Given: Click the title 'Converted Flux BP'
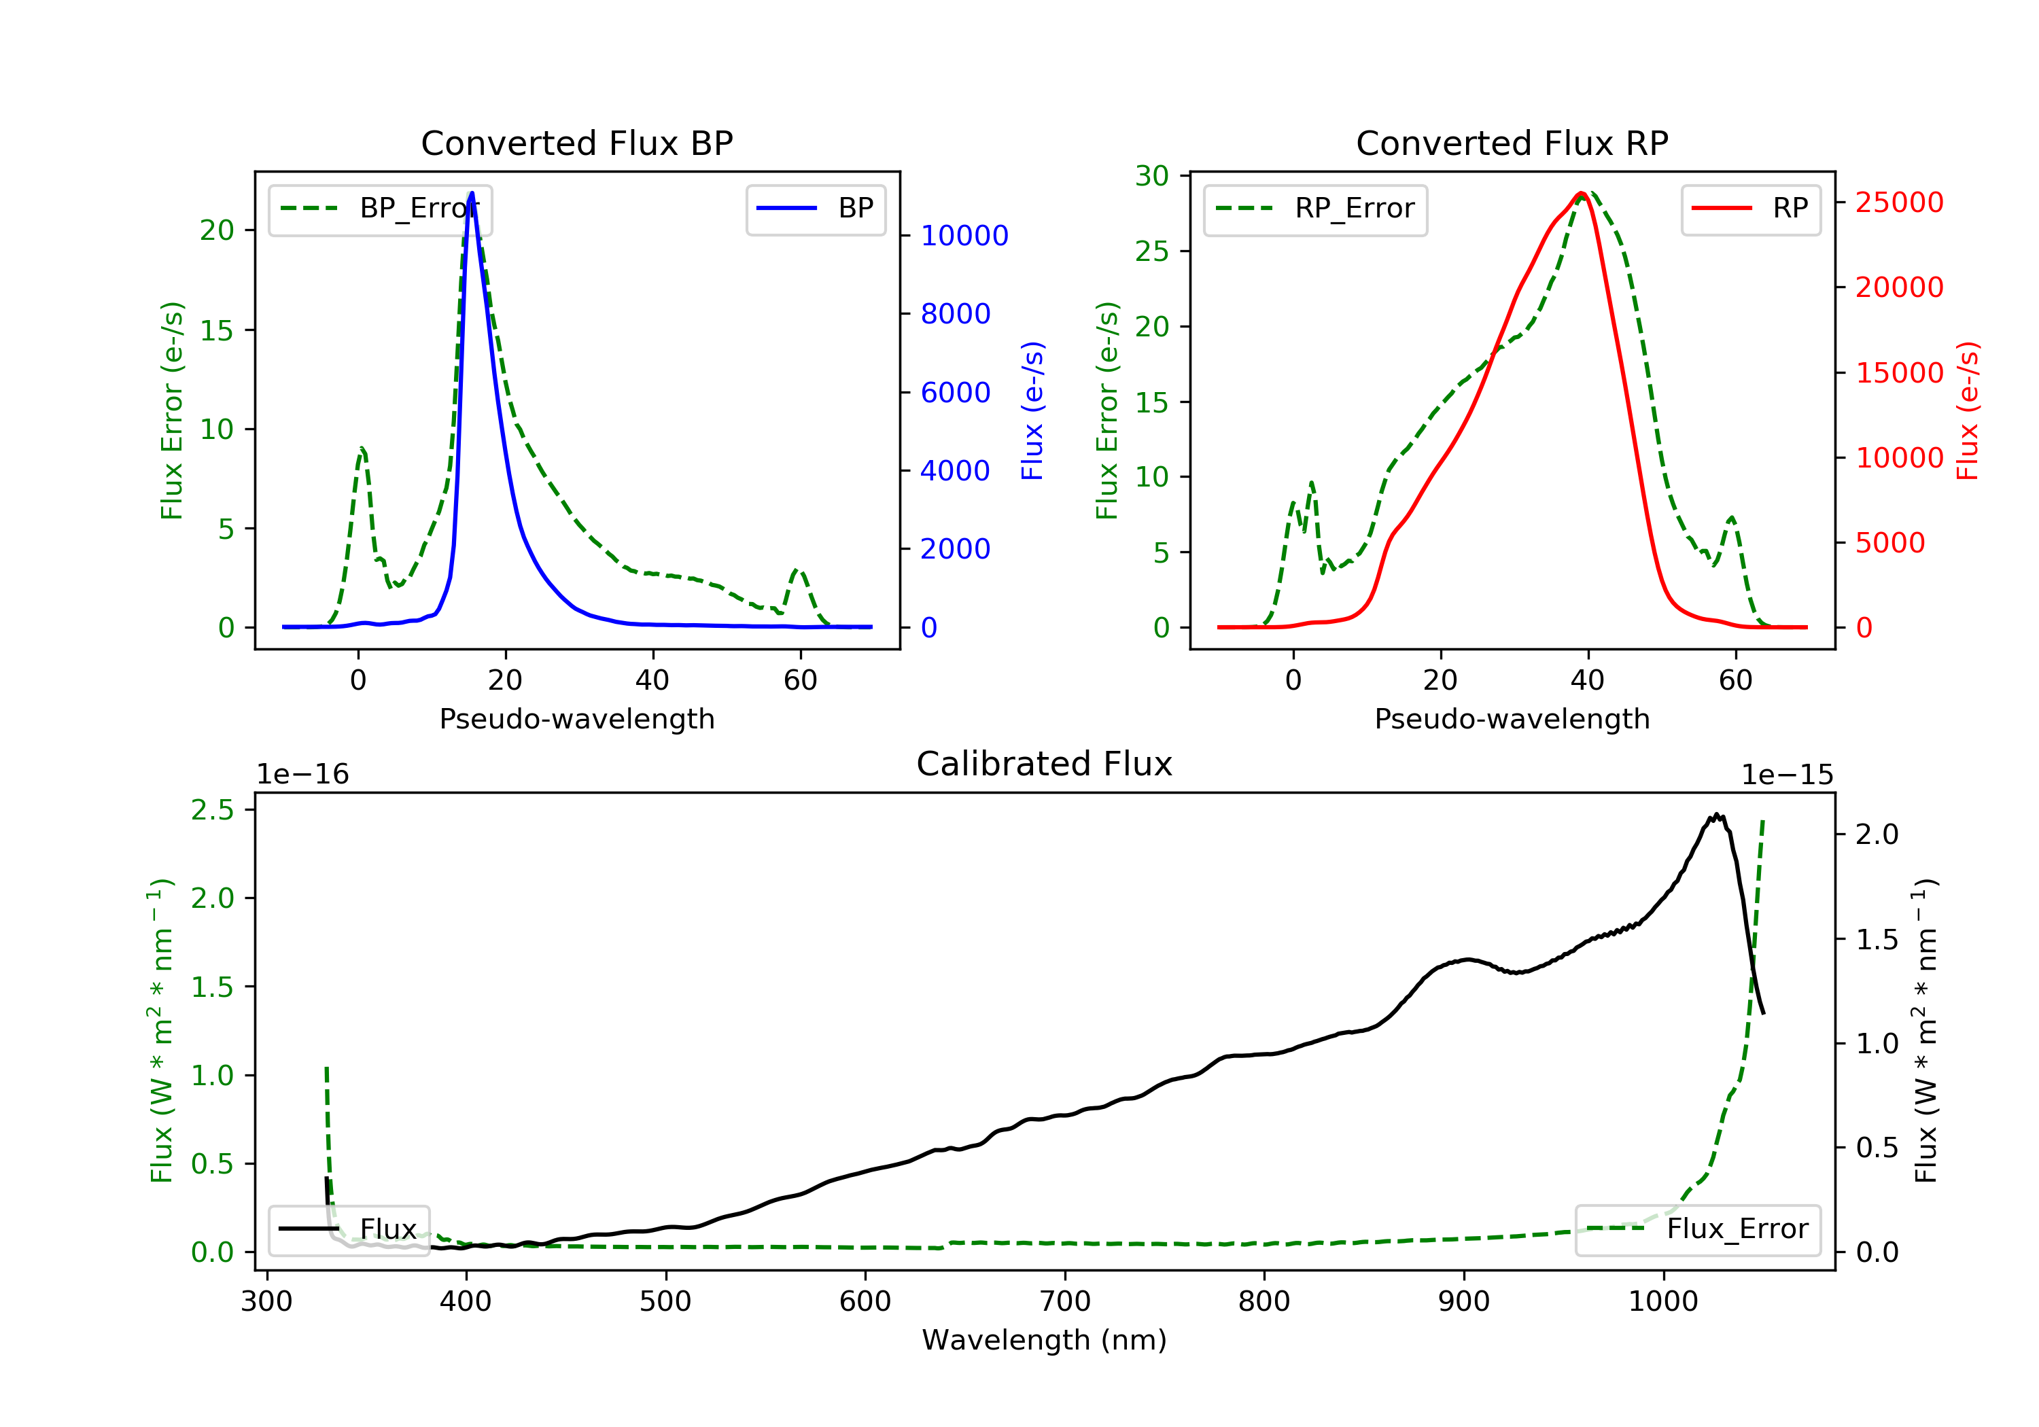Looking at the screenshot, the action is [x=576, y=143].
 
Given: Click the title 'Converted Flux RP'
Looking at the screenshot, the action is [x=1512, y=143].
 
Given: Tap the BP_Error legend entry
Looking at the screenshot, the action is [x=380, y=209].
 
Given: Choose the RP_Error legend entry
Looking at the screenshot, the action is [x=1315, y=209].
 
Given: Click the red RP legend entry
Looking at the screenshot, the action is [x=1750, y=209].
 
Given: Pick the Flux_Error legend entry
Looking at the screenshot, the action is [x=1698, y=1229].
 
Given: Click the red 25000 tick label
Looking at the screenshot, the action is [x=1900, y=202].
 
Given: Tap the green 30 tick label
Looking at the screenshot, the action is [x=1152, y=176].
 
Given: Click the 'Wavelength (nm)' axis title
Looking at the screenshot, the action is [x=1045, y=1340].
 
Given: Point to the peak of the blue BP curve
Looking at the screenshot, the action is [x=472, y=193].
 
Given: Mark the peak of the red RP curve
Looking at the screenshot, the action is [x=1582, y=193].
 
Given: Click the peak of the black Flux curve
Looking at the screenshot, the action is [x=1717, y=814].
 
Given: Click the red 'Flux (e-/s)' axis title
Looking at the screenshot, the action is [x=1967, y=410].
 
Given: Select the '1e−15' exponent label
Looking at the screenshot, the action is [x=1788, y=775].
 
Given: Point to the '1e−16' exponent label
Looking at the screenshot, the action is [x=303, y=775].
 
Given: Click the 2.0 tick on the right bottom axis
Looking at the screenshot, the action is [x=1877, y=834].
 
